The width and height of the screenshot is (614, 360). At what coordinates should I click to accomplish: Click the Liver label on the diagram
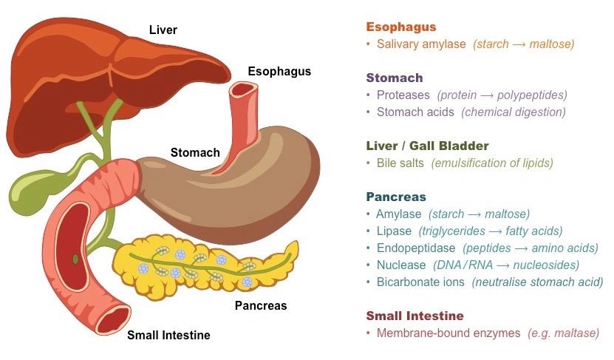point(163,30)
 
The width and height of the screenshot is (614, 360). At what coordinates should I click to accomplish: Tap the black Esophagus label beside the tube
point(279,72)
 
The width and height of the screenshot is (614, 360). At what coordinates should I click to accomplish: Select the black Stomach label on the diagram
point(195,152)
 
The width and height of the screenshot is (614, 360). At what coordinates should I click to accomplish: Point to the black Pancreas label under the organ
point(261,305)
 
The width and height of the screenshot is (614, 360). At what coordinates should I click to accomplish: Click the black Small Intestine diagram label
point(168,336)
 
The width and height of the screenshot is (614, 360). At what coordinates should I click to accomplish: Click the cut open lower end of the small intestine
point(113,319)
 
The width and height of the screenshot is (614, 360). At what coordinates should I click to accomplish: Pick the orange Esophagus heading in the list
point(401,27)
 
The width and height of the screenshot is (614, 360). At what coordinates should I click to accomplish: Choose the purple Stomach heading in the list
point(395,78)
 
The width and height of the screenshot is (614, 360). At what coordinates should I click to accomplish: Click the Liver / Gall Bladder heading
point(427,146)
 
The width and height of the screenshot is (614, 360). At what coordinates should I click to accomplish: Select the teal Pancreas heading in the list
point(396,197)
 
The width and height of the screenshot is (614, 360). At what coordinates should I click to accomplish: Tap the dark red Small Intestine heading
point(415,316)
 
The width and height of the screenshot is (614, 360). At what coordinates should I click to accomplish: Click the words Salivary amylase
point(421,44)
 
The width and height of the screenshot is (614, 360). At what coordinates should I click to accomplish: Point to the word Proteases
point(403,95)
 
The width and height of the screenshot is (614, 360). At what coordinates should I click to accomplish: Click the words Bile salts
point(400,163)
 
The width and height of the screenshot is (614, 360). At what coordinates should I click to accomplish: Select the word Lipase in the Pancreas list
point(394,231)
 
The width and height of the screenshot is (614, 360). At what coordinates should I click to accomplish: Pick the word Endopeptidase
point(416,248)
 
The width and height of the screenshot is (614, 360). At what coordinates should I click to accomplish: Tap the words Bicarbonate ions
point(420,282)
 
